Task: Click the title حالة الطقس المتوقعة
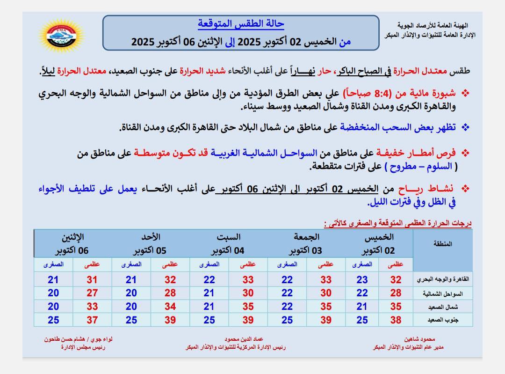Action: pyautogui.click(x=241, y=23)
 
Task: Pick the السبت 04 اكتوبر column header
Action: pyautogui.click(x=228, y=243)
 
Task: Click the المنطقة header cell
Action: pyautogui.click(x=443, y=244)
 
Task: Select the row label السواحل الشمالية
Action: pyautogui.click(x=450, y=293)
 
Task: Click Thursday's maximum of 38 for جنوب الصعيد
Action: pyautogui.click(x=396, y=320)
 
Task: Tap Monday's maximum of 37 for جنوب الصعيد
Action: pyautogui.click(x=92, y=320)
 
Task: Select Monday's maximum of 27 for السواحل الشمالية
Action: pyautogui.click(x=92, y=293)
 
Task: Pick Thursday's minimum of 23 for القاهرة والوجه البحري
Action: pyautogui.click(x=362, y=280)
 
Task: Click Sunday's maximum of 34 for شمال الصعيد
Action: pyautogui.click(x=170, y=307)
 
